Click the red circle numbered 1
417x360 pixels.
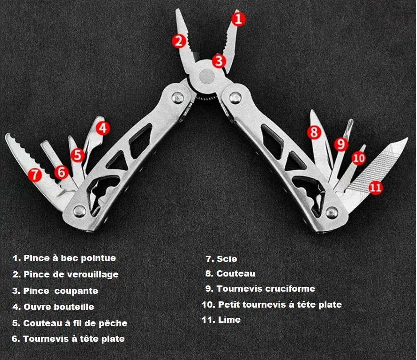pyautogui.click(x=238, y=19)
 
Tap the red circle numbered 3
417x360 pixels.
pyautogui.click(x=218, y=60)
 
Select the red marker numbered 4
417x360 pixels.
pyautogui.click(x=103, y=128)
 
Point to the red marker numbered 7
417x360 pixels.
pyautogui.click(x=35, y=174)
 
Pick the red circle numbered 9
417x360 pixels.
pyautogui.click(x=341, y=143)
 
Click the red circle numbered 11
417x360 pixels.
pyautogui.click(x=375, y=187)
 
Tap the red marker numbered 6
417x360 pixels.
pyautogui.click(x=61, y=171)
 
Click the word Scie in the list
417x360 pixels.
pyautogui.click(x=226, y=259)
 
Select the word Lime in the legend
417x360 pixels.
pyautogui.click(x=229, y=320)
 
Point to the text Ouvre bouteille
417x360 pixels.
pyautogui.click(x=59, y=307)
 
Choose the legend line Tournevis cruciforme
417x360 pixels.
pyautogui.click(x=266, y=289)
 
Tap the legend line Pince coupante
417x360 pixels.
pyautogui.click(x=60, y=291)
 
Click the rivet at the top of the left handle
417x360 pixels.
pyautogui.click(x=179, y=97)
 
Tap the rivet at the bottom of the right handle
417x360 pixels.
pyautogui.click(x=331, y=212)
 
